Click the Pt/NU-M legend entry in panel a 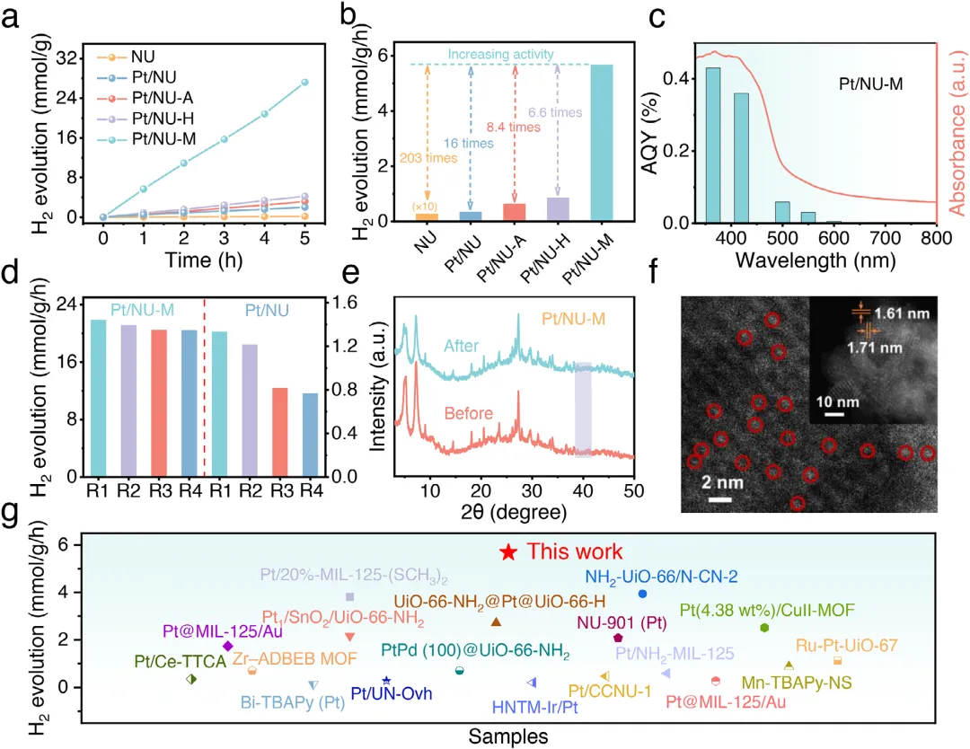pyautogui.click(x=146, y=139)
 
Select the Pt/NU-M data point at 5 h pyautogui.click(x=304, y=83)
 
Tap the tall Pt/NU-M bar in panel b pyautogui.click(x=602, y=142)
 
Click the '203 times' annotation pyautogui.click(x=428, y=158)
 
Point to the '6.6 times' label pyautogui.click(x=555, y=112)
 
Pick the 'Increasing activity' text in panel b pyautogui.click(x=500, y=55)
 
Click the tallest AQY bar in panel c pyautogui.click(x=712, y=145)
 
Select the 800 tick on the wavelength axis pyautogui.click(x=936, y=238)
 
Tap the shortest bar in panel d pyautogui.click(x=310, y=435)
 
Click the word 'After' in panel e pyautogui.click(x=462, y=346)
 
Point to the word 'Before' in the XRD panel pyautogui.click(x=468, y=413)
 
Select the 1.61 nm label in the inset pyautogui.click(x=902, y=313)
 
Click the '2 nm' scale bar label pyautogui.click(x=722, y=481)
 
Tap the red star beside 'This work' pyautogui.click(x=508, y=552)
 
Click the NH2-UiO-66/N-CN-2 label pyautogui.click(x=661, y=577)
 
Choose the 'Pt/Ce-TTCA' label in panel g pyautogui.click(x=180, y=662)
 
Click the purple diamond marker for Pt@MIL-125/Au pyautogui.click(x=227, y=647)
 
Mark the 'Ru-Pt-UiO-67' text pyautogui.click(x=846, y=646)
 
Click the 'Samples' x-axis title pyautogui.click(x=507, y=736)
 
